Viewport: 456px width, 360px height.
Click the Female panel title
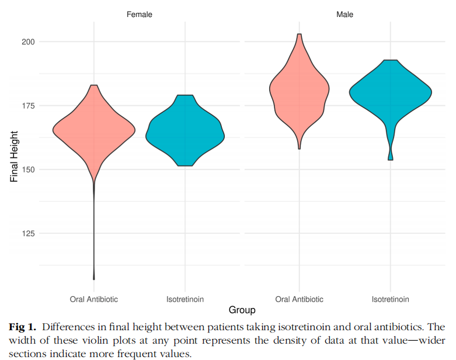140,14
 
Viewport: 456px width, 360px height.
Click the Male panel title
344,14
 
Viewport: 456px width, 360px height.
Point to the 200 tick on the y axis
28,42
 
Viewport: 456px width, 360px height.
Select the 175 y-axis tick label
28,106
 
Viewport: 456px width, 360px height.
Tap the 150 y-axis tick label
28,169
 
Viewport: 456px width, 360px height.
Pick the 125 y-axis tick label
28,233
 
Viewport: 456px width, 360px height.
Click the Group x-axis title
242,310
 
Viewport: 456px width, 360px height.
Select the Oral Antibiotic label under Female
94,299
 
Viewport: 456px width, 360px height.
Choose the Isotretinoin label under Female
185,299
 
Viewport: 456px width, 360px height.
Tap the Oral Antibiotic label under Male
299,299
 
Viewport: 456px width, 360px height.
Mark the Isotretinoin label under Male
390,299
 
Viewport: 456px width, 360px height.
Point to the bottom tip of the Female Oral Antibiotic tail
94,279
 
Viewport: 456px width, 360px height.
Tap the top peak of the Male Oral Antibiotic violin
299,34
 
